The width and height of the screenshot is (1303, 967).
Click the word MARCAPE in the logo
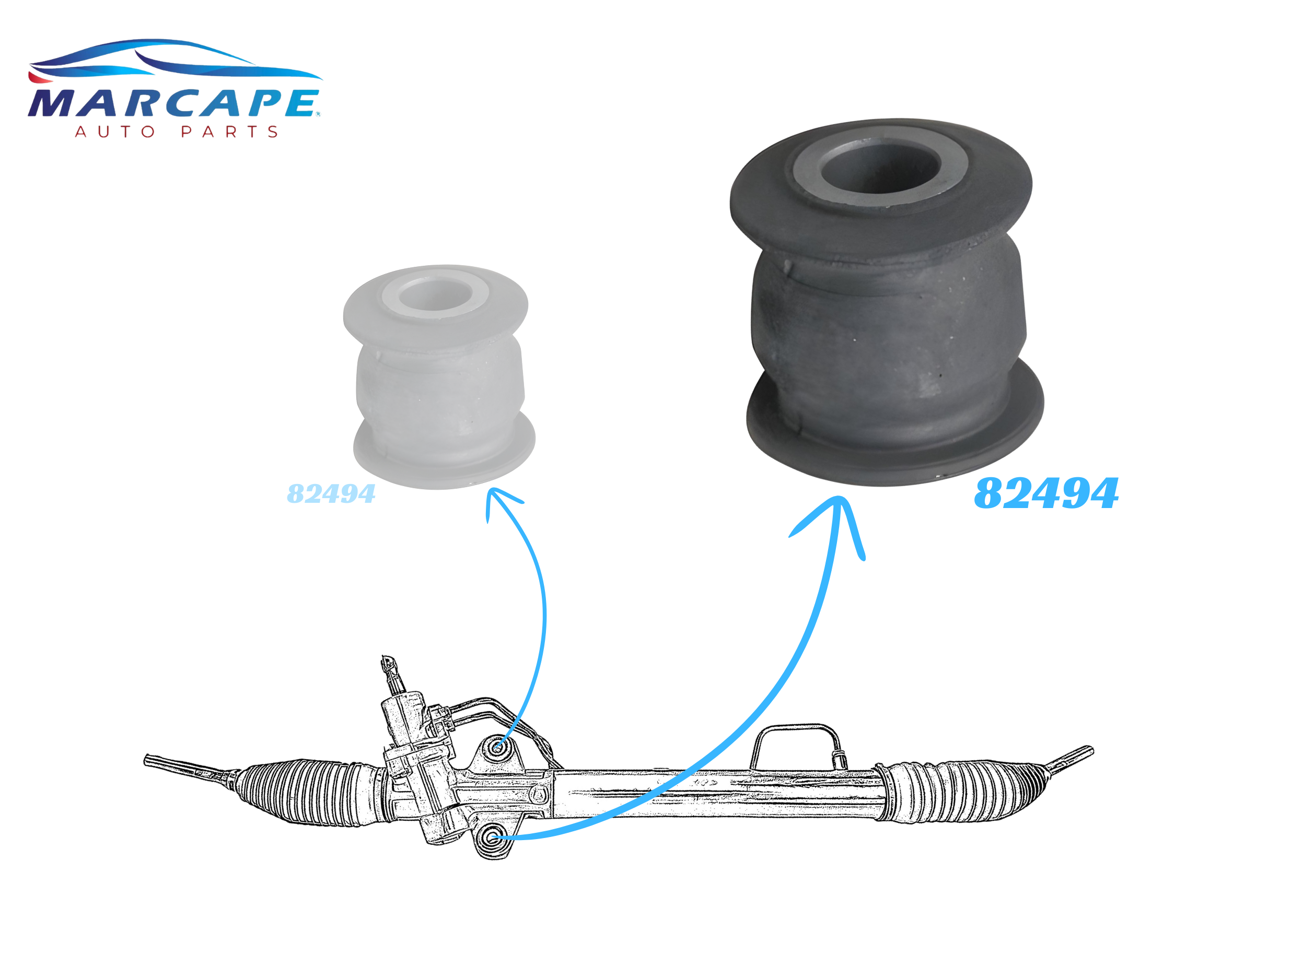point(174,103)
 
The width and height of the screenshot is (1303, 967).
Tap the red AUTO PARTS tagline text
point(176,132)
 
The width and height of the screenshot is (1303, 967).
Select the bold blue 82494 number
point(1046,493)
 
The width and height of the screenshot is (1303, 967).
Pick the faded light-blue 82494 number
point(331,494)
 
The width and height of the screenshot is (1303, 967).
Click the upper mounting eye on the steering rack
point(498,748)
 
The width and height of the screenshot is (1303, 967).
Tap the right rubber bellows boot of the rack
point(960,790)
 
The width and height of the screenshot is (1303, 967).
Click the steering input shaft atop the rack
point(391,676)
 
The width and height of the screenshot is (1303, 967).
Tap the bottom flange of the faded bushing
point(444,454)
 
